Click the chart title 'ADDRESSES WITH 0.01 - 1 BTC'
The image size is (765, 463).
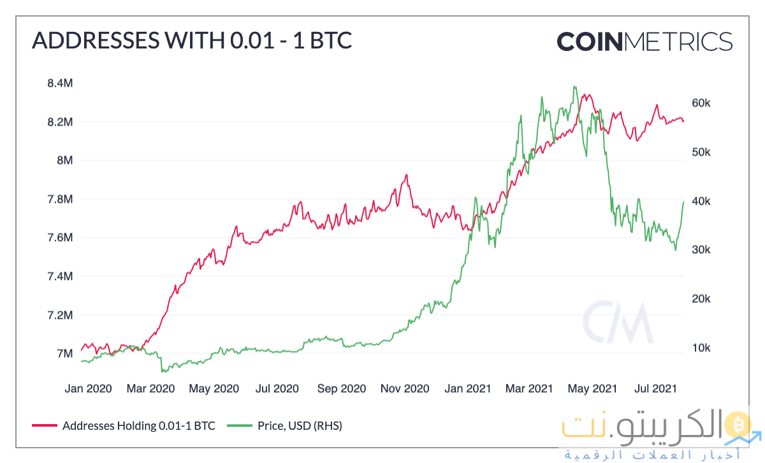pos(191,41)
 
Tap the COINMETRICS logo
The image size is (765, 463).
pos(644,41)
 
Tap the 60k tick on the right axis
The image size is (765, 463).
pos(706,103)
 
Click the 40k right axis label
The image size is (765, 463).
pos(706,202)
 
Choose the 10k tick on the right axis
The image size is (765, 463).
pos(706,348)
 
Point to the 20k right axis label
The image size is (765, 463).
pos(706,299)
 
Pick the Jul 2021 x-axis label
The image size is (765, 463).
pos(656,388)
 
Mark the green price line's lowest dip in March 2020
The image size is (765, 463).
pos(163,371)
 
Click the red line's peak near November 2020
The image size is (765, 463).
pos(406,175)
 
